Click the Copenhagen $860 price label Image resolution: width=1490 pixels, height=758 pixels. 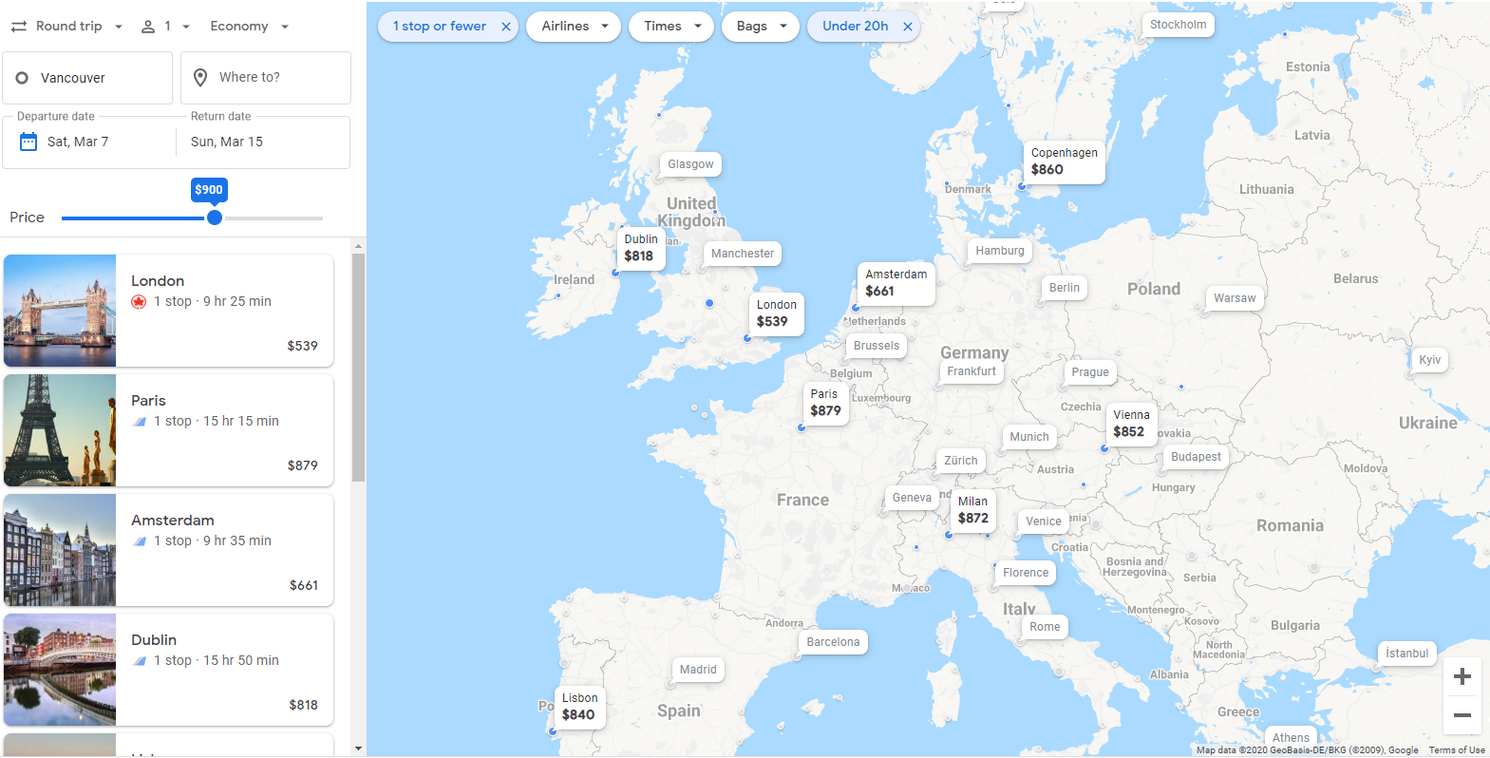tap(1064, 161)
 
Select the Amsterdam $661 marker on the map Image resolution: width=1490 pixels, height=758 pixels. tap(896, 283)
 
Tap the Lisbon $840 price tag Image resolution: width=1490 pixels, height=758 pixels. tap(579, 707)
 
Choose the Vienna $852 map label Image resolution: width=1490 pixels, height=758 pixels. tap(1131, 424)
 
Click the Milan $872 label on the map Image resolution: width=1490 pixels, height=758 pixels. tap(972, 510)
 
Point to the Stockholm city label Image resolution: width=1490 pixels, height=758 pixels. tap(1178, 25)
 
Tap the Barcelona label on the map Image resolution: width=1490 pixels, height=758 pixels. tap(833, 642)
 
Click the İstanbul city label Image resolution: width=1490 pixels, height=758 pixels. tap(1406, 654)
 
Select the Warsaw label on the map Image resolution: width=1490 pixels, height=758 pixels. tap(1234, 298)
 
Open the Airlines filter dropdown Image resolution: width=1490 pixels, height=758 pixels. tap(574, 27)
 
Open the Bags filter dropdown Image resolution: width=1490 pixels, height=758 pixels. tap(761, 27)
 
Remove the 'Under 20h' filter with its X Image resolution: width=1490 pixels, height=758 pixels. tap(908, 27)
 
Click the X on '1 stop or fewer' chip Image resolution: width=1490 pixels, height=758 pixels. tap(506, 27)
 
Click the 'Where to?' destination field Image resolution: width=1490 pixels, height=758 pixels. tap(266, 78)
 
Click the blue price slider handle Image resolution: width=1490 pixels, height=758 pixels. tap(215, 218)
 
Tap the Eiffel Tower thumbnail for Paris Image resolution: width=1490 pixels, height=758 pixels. tap(60, 430)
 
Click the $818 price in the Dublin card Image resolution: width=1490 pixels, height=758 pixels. tap(303, 705)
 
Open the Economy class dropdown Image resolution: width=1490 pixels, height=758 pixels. tap(249, 27)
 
